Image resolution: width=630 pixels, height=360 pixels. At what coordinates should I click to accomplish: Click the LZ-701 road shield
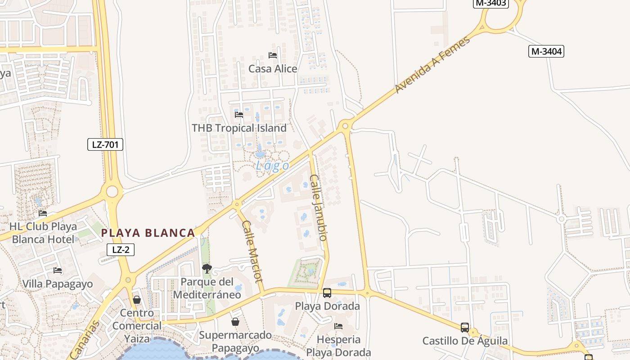pyautogui.click(x=105, y=144)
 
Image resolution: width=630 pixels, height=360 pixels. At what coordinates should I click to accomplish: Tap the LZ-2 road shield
pyautogui.click(x=121, y=249)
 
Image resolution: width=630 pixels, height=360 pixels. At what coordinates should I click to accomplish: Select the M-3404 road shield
pyautogui.click(x=546, y=51)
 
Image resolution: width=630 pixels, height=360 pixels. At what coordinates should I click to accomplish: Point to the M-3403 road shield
pyautogui.click(x=491, y=3)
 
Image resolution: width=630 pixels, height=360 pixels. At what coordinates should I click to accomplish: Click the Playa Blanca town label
pyautogui.click(x=148, y=233)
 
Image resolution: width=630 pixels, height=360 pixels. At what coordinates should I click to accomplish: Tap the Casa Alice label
pyautogui.click(x=273, y=69)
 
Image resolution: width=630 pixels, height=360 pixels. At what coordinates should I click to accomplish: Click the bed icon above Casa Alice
pyautogui.click(x=272, y=55)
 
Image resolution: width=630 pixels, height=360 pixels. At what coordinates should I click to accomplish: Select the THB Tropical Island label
pyautogui.click(x=239, y=128)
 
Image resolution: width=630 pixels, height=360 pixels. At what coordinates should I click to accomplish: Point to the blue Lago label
pyautogui.click(x=272, y=166)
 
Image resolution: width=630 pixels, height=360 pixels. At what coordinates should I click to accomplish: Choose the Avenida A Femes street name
pyautogui.click(x=432, y=65)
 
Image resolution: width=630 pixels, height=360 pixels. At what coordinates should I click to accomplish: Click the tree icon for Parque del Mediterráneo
pyautogui.click(x=207, y=269)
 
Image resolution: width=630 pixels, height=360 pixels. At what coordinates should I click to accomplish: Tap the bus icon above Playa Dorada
pyautogui.click(x=327, y=293)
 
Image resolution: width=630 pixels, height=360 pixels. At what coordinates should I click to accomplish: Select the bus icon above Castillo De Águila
pyautogui.click(x=465, y=328)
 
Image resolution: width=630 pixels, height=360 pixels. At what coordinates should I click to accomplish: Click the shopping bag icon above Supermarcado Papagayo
pyautogui.click(x=235, y=322)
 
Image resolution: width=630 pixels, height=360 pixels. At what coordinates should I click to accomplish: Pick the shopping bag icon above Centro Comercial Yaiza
pyautogui.click(x=137, y=300)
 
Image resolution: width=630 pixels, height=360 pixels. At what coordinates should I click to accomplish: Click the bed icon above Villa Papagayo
pyautogui.click(x=58, y=270)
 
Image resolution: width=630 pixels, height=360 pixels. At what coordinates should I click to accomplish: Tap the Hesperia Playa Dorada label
pyautogui.click(x=338, y=346)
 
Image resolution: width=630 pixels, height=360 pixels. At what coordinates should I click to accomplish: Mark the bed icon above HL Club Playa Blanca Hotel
pyautogui.click(x=43, y=213)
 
